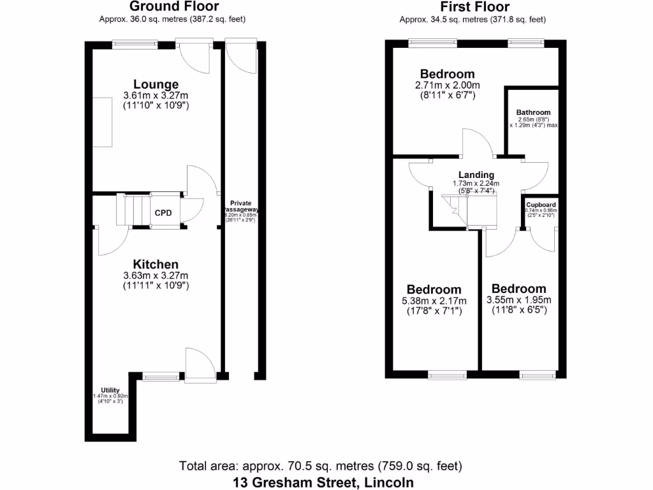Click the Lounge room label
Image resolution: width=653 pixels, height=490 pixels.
tap(156, 84)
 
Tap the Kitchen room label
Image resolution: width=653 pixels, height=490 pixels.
tap(156, 264)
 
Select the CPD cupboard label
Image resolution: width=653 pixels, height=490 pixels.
tap(163, 212)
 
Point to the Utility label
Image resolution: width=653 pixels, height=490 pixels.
tap(110, 390)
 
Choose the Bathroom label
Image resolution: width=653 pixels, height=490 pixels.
tap(534, 112)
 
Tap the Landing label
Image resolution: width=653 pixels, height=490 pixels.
tap(476, 175)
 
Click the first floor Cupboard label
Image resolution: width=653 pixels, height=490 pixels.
tap(541, 205)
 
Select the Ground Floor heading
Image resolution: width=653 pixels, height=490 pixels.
tap(174, 7)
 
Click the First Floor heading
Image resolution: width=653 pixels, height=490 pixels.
tap(475, 7)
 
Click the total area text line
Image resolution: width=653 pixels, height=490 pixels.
tap(321, 466)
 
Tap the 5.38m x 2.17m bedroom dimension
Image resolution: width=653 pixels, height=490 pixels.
tap(434, 301)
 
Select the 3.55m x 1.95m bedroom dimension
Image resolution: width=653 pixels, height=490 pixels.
tap(518, 301)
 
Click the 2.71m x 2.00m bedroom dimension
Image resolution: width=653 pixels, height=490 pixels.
tap(447, 85)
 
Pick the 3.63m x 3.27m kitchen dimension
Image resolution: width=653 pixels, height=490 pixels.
tap(156, 276)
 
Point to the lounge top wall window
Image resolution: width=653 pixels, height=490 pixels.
tap(135, 43)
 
